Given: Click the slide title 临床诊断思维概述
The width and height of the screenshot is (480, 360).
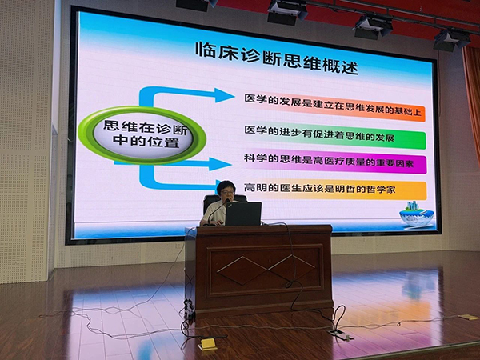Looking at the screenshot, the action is coord(277,58).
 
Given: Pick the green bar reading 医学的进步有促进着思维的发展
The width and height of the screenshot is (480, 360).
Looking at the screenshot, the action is coord(334,136).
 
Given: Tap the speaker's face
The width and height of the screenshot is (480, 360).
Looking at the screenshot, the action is coord(226,192).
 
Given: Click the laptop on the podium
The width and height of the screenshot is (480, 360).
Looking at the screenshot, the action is coord(243,214).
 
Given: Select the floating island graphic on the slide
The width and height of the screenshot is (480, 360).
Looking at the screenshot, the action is coord(417,213).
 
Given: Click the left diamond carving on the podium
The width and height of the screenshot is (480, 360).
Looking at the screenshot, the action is coord(242,271).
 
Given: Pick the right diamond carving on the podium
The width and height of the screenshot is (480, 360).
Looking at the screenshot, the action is coord(291,268).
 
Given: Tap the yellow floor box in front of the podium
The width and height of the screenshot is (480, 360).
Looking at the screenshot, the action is coord(207,344).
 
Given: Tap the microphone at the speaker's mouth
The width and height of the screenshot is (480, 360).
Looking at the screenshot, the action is coord(227,201).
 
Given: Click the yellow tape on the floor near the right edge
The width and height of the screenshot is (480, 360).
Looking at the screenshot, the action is coord(468,317).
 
